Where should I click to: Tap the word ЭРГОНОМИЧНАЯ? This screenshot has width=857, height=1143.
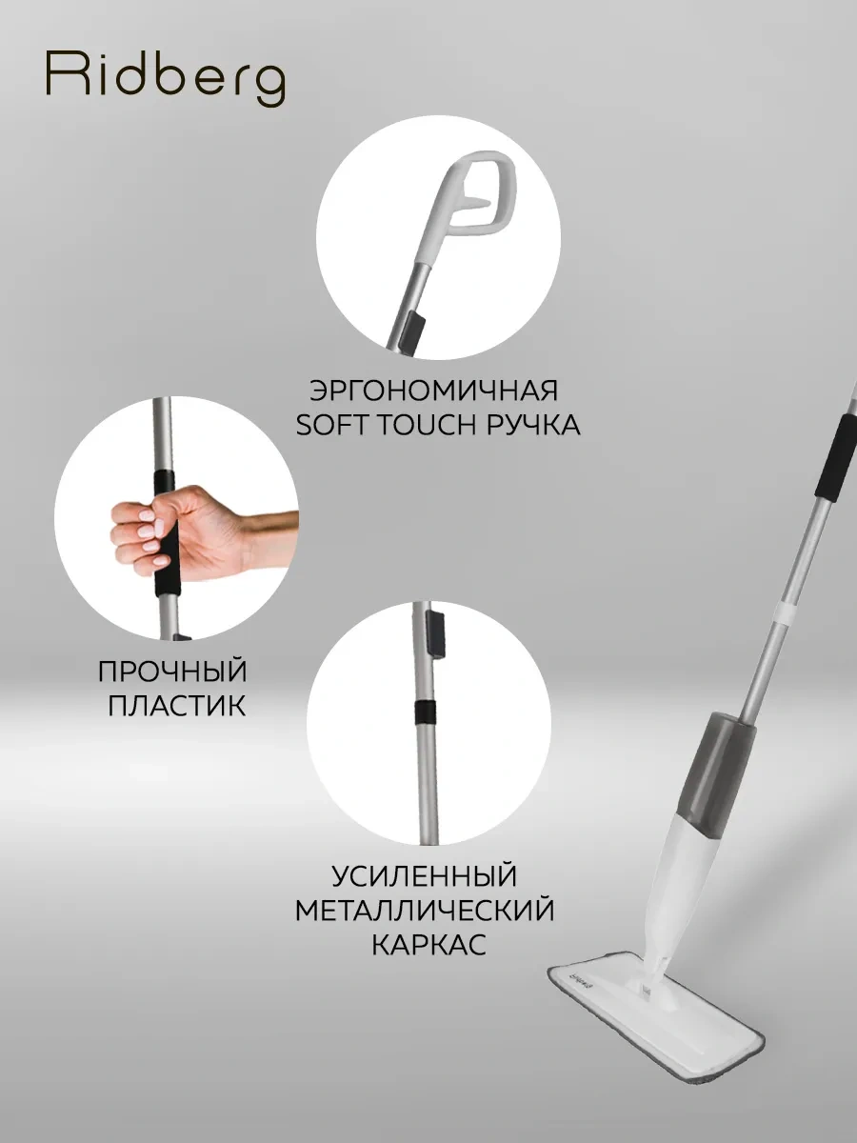433,391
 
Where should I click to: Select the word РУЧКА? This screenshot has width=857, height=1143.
532,425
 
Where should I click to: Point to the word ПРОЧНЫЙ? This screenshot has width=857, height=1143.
172,671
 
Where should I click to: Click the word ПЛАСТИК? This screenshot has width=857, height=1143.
172,706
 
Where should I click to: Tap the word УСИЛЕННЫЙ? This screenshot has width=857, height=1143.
425,874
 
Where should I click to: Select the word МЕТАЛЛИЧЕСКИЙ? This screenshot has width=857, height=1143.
425,910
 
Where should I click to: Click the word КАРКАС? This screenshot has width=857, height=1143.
425,945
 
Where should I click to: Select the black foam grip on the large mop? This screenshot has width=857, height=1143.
835,453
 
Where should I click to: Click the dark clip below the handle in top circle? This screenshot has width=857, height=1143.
411,330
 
